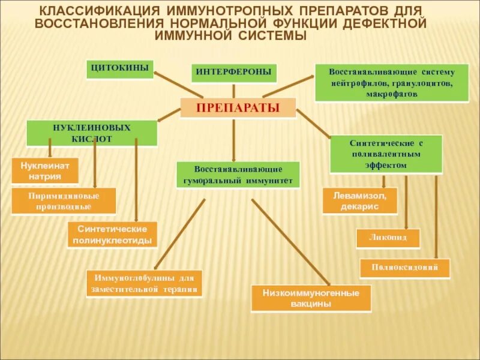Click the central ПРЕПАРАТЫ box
[x=238, y=108]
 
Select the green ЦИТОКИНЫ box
[x=120, y=68]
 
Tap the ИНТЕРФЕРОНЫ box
[x=233, y=73]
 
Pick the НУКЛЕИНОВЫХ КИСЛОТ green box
[x=92, y=133]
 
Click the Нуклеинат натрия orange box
[x=45, y=170]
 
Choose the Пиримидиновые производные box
[x=64, y=201]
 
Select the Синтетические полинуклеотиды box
[x=112, y=235]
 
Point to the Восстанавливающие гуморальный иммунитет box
[x=238, y=175]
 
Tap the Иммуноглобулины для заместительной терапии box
[x=145, y=283]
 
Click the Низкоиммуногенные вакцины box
[x=311, y=298]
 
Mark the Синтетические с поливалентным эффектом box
[x=387, y=154]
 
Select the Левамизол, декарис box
[x=360, y=201]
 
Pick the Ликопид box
[x=388, y=238]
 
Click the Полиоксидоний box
[x=405, y=268]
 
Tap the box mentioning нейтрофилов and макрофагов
[x=391, y=83]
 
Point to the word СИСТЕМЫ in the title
[x=273, y=37]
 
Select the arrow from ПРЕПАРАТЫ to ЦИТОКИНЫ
[x=179, y=85]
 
